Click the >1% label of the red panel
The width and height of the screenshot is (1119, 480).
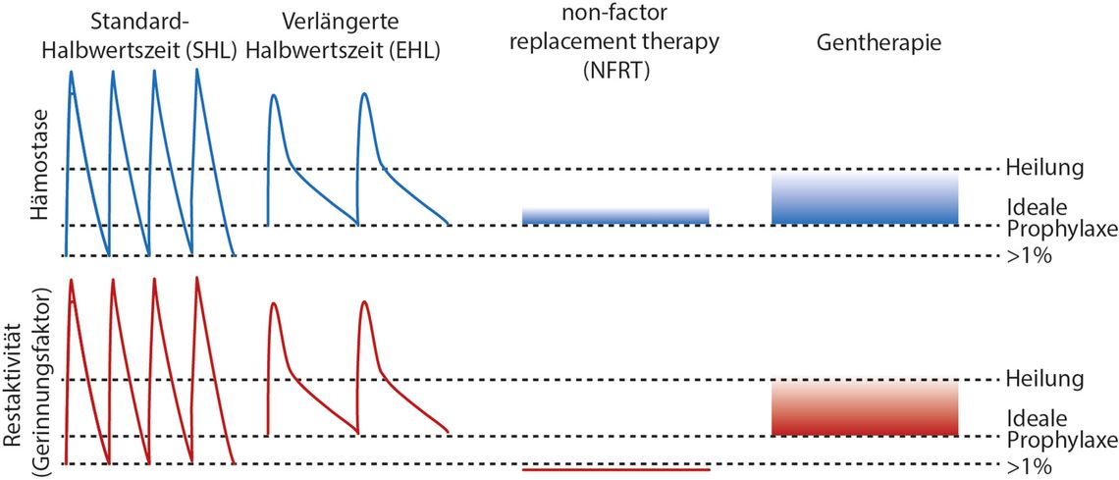pos(1029,468)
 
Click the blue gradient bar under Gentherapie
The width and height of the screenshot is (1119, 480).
pos(864,198)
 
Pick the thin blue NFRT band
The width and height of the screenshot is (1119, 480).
pos(615,217)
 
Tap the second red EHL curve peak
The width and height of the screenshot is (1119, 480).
pos(365,302)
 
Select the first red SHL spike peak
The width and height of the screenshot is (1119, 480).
pos(72,279)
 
